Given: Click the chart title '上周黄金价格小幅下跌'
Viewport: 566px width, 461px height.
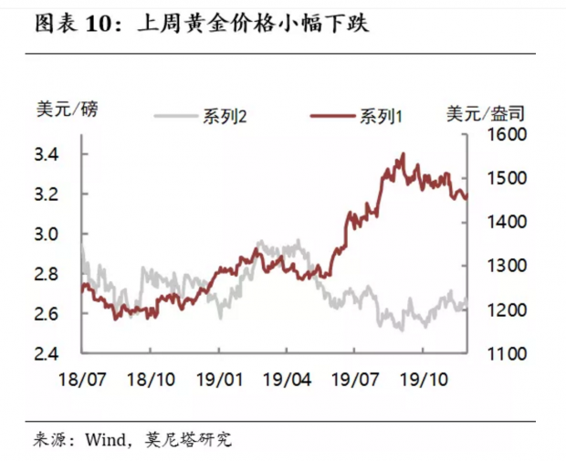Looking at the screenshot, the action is point(254,24).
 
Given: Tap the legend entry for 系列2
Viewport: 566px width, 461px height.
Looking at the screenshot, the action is point(201,116).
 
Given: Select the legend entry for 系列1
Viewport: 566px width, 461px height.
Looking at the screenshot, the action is point(356,116).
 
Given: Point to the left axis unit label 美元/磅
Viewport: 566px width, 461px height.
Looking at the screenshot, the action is point(68,109).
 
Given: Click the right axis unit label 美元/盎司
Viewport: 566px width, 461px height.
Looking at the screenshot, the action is point(486,113).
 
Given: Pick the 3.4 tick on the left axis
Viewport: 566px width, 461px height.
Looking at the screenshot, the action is point(47,155).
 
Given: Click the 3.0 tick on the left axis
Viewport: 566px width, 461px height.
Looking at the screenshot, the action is point(47,235).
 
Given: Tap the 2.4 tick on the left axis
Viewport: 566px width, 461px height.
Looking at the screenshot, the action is point(47,354).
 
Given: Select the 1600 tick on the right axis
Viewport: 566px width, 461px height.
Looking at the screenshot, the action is point(508,134).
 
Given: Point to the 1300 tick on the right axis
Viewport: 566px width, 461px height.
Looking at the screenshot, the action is point(508,266).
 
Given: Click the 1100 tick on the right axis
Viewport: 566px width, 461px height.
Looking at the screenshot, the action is point(508,354).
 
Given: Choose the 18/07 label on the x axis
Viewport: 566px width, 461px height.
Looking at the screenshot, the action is point(82,380).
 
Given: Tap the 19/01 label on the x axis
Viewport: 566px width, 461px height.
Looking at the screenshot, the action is point(219,380).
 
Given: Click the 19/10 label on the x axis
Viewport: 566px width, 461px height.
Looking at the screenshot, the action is point(424,380).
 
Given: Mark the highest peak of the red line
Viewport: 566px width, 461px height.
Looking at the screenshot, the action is point(404,153).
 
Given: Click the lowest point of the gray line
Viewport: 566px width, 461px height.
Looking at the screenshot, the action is point(403,330).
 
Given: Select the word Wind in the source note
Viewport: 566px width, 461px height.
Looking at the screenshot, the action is point(106,440).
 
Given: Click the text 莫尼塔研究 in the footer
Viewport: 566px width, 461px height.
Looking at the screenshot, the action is point(188,439).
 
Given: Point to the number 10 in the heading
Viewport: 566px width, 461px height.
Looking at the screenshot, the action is point(100,25).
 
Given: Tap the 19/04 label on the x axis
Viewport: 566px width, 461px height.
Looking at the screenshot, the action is point(287,380).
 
